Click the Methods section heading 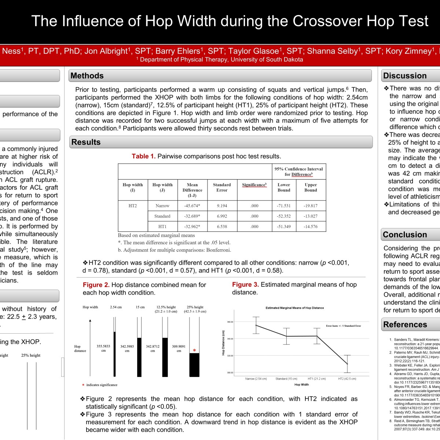click(87, 76)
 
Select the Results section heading click(86, 142)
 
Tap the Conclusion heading click(405, 235)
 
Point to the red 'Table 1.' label click(144, 156)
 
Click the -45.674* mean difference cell click(192, 206)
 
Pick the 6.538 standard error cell click(222, 227)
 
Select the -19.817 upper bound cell click(311, 206)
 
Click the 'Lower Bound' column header click(284, 187)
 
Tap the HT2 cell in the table click(133, 206)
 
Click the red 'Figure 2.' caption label click(96, 285)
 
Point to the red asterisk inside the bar click(194, 351)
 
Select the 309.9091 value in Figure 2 click(179, 346)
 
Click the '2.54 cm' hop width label click(116, 307)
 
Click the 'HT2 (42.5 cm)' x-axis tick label click(347, 379)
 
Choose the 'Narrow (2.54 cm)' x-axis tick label click(256, 379)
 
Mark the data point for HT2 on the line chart click(347, 364)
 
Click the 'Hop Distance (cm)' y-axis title click(223, 343)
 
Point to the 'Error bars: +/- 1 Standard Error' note click(344, 326)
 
